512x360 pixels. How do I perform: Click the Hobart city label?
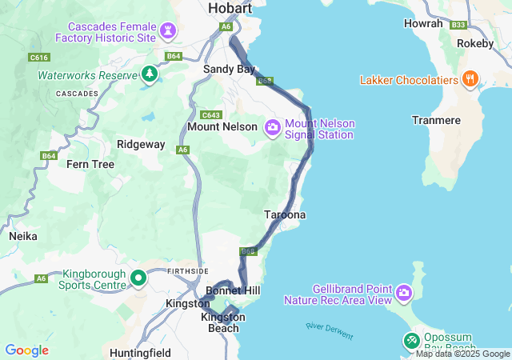pos(230,8)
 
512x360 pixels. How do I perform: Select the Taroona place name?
pos(285,215)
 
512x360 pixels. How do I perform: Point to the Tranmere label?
pos(436,120)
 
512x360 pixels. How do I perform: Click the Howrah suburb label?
pos(423,24)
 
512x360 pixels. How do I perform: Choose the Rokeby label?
pos(475,43)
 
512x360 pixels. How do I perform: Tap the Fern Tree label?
pos(90,164)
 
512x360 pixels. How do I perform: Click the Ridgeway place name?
pos(141,145)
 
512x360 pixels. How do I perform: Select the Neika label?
pos(23,237)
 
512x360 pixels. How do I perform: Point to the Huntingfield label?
pos(142,351)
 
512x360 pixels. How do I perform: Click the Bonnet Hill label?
pos(233,290)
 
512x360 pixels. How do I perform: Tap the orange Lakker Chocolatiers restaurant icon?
pos(470,80)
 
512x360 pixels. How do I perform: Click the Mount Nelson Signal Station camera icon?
pos(273,127)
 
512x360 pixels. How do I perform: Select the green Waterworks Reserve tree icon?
pos(149,74)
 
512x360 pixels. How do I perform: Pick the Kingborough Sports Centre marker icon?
pos(138,278)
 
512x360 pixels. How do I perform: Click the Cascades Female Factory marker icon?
pos(168,31)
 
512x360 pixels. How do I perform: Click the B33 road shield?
pos(458,25)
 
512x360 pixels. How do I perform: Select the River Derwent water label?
pos(328,329)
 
